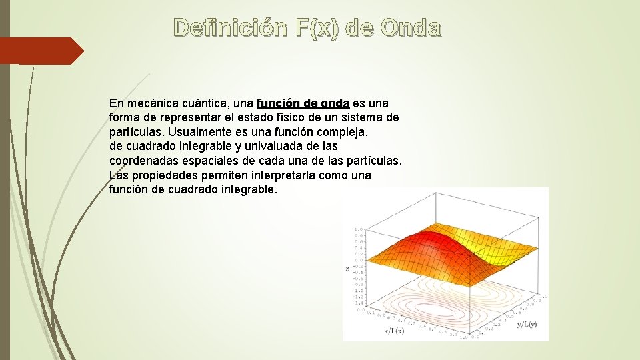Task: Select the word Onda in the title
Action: click(x=411, y=28)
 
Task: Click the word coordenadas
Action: click(x=142, y=161)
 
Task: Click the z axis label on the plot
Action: click(x=348, y=268)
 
